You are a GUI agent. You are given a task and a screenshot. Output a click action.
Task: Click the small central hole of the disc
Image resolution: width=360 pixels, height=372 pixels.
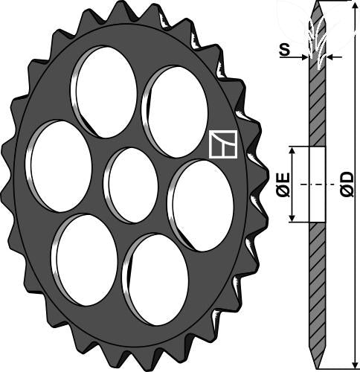click(131, 185)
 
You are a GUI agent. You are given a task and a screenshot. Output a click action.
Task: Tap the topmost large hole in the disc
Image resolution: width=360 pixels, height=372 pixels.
click(104, 92)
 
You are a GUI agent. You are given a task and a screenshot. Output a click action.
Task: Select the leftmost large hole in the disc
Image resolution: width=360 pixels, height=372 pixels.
click(59, 166)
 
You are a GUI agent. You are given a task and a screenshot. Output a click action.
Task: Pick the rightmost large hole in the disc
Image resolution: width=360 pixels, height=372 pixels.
click(201, 205)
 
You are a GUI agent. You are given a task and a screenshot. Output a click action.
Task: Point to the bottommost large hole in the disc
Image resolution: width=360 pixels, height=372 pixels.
click(155, 280)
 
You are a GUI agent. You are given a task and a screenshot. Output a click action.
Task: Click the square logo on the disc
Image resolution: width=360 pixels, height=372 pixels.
click(223, 144)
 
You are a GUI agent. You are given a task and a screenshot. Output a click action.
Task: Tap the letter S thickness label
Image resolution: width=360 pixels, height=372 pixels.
click(284, 50)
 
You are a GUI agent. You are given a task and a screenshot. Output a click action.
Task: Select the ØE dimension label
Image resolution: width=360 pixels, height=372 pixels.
click(283, 185)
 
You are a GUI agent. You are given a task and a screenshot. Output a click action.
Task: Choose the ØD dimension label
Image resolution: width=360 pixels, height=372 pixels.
click(347, 185)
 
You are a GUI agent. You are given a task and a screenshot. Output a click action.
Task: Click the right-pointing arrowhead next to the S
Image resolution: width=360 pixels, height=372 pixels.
click(304, 57)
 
